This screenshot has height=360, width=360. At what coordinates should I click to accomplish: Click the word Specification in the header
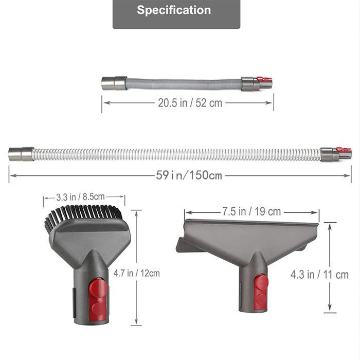[174, 10]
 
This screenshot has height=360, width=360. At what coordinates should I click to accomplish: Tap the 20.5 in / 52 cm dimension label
[190, 103]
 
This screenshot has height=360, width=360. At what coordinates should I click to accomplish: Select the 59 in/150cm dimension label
[189, 175]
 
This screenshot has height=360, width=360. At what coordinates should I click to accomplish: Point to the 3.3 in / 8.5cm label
[80, 197]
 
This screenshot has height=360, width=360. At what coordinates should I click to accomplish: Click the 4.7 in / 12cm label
[137, 273]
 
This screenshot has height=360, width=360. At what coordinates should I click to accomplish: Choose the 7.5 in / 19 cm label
[251, 211]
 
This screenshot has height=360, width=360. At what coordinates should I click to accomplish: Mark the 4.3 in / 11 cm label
[319, 275]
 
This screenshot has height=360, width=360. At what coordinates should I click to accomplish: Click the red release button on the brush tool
[98, 300]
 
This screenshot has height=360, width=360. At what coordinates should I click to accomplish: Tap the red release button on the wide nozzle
[261, 293]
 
